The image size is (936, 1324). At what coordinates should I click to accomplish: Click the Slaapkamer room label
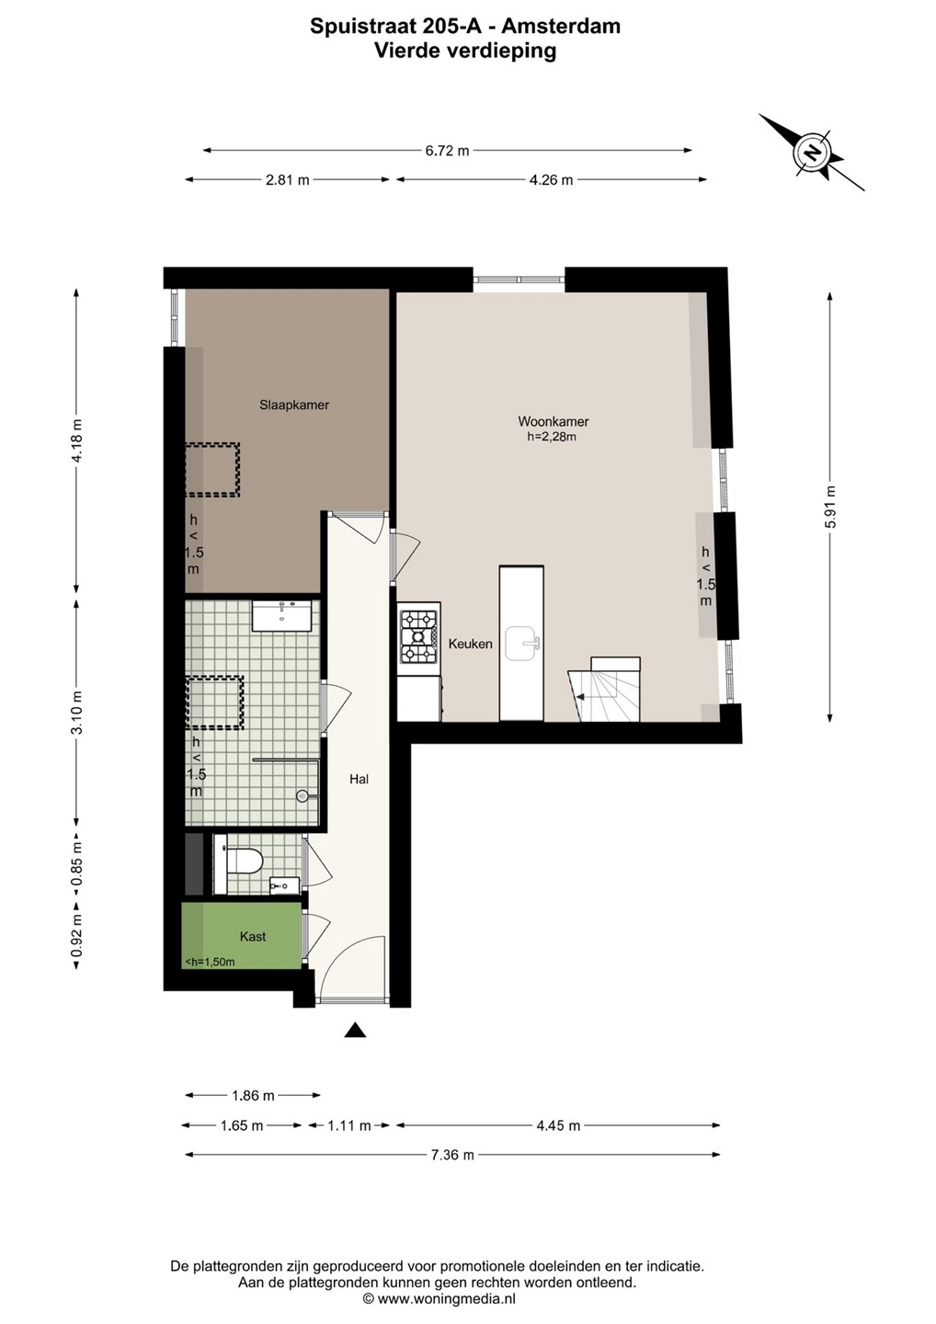(293, 405)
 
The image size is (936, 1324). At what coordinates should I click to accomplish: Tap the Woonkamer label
(554, 421)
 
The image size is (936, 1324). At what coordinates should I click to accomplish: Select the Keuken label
(470, 644)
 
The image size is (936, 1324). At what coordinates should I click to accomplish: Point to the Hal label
(359, 779)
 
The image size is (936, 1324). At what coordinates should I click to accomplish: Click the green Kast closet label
(252, 936)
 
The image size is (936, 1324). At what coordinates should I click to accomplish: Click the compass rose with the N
(812, 152)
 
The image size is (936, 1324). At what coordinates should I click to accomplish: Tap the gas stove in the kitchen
(419, 636)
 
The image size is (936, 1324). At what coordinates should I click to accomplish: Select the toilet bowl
(243, 862)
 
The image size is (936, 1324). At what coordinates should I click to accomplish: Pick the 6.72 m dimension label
(448, 151)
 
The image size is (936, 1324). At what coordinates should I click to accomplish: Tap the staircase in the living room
(604, 690)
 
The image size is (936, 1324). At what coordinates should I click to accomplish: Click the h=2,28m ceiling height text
(552, 437)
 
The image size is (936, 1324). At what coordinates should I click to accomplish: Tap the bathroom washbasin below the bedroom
(282, 616)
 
